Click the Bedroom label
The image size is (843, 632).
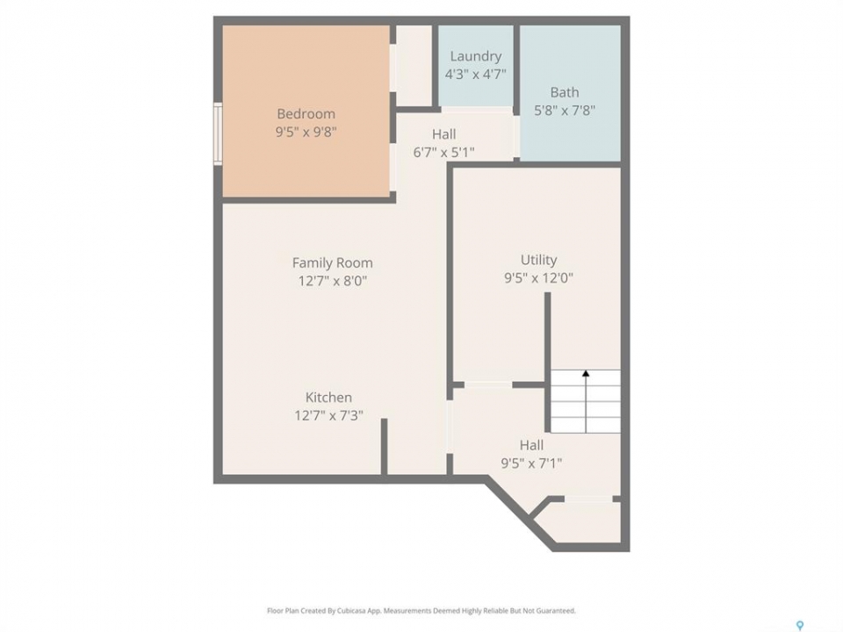(x=306, y=114)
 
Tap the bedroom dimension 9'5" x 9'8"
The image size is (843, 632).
(x=306, y=132)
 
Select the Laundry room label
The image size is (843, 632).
(x=476, y=56)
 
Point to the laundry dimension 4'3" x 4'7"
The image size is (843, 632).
(x=476, y=74)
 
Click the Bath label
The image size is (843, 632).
(x=565, y=92)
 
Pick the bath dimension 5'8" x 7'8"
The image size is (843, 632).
(x=565, y=111)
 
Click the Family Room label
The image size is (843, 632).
(x=332, y=262)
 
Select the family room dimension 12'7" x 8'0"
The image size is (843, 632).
(x=332, y=281)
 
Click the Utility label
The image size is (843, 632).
(x=538, y=260)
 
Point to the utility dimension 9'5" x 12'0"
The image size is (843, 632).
(x=538, y=278)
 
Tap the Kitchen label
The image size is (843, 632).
(x=328, y=398)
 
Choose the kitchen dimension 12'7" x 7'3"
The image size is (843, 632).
(x=328, y=415)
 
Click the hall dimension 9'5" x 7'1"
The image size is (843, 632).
(x=532, y=463)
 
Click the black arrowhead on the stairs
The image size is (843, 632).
(x=586, y=373)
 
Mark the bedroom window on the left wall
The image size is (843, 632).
(x=218, y=133)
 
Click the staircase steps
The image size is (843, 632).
(x=586, y=401)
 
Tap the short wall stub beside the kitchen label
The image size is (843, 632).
(x=384, y=447)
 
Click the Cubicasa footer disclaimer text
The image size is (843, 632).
(x=421, y=611)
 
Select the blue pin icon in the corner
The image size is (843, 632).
(x=800, y=625)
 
